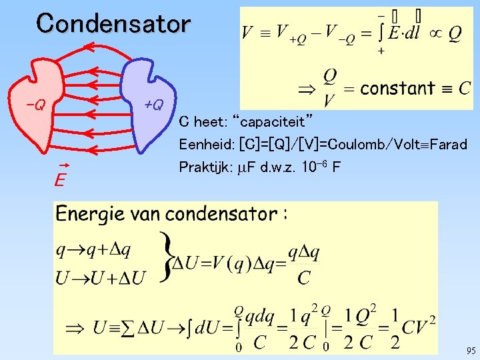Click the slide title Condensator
[113, 23]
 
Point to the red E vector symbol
[60, 178]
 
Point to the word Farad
[449, 144]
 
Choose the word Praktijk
[202, 166]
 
